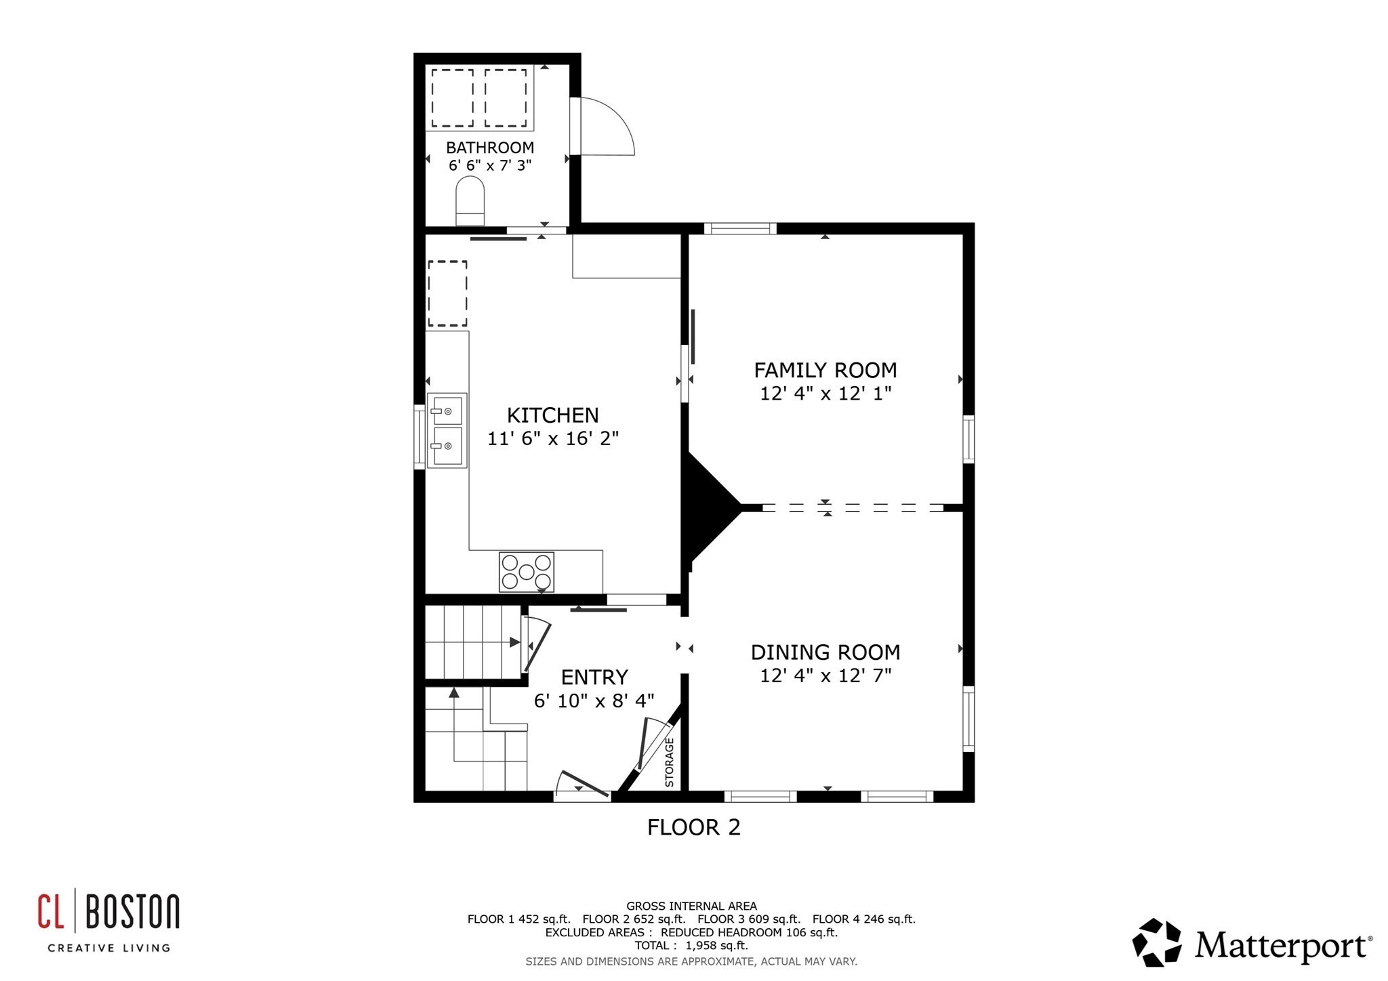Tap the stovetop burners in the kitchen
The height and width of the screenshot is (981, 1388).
pos(527,572)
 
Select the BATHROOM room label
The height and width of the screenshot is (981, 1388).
pos(489,148)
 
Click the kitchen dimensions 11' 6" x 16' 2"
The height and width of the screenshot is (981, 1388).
pos(553,439)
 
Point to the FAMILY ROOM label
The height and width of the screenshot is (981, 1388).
pos(825,371)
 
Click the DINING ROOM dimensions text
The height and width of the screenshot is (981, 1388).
pos(825,675)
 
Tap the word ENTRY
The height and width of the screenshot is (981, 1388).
pos(594,677)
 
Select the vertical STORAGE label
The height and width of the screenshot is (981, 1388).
pos(670,762)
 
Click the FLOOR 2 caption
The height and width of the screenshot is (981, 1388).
pos(693,827)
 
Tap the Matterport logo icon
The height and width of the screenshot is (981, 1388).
pos(1156,942)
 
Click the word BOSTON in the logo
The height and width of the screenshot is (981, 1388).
pos(133,912)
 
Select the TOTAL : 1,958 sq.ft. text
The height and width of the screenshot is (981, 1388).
pos(691,946)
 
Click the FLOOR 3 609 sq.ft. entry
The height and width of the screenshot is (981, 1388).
pos(749,919)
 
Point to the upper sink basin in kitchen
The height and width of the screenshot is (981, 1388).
pos(447,411)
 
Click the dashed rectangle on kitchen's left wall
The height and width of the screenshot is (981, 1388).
pos(447,293)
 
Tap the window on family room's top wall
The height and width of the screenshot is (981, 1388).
pos(740,229)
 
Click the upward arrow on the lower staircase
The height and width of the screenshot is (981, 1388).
pos(454,692)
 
